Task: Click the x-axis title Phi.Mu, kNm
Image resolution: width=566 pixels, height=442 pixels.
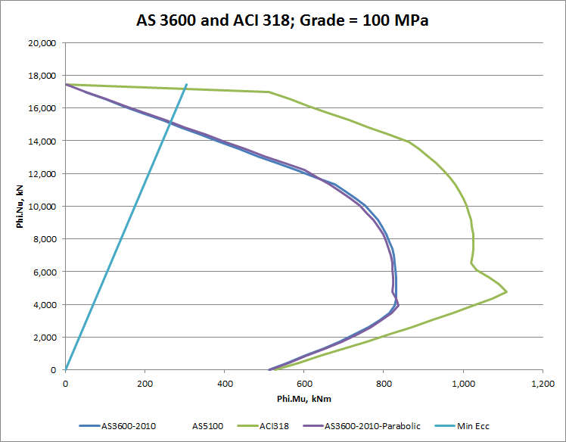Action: pyautogui.click(x=303, y=398)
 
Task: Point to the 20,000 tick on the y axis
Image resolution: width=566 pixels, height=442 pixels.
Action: pyautogui.click(x=41, y=43)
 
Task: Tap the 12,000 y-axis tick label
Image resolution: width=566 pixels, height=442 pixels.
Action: pyautogui.click(x=41, y=174)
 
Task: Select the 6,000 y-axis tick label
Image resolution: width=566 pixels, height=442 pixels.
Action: pyautogui.click(x=43, y=272)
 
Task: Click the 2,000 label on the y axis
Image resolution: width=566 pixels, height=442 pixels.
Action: pyautogui.click(x=43, y=338)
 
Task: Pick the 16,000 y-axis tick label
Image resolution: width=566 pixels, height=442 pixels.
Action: pyautogui.click(x=41, y=108)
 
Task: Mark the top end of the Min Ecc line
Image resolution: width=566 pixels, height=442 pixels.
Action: pyautogui.click(x=186, y=85)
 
